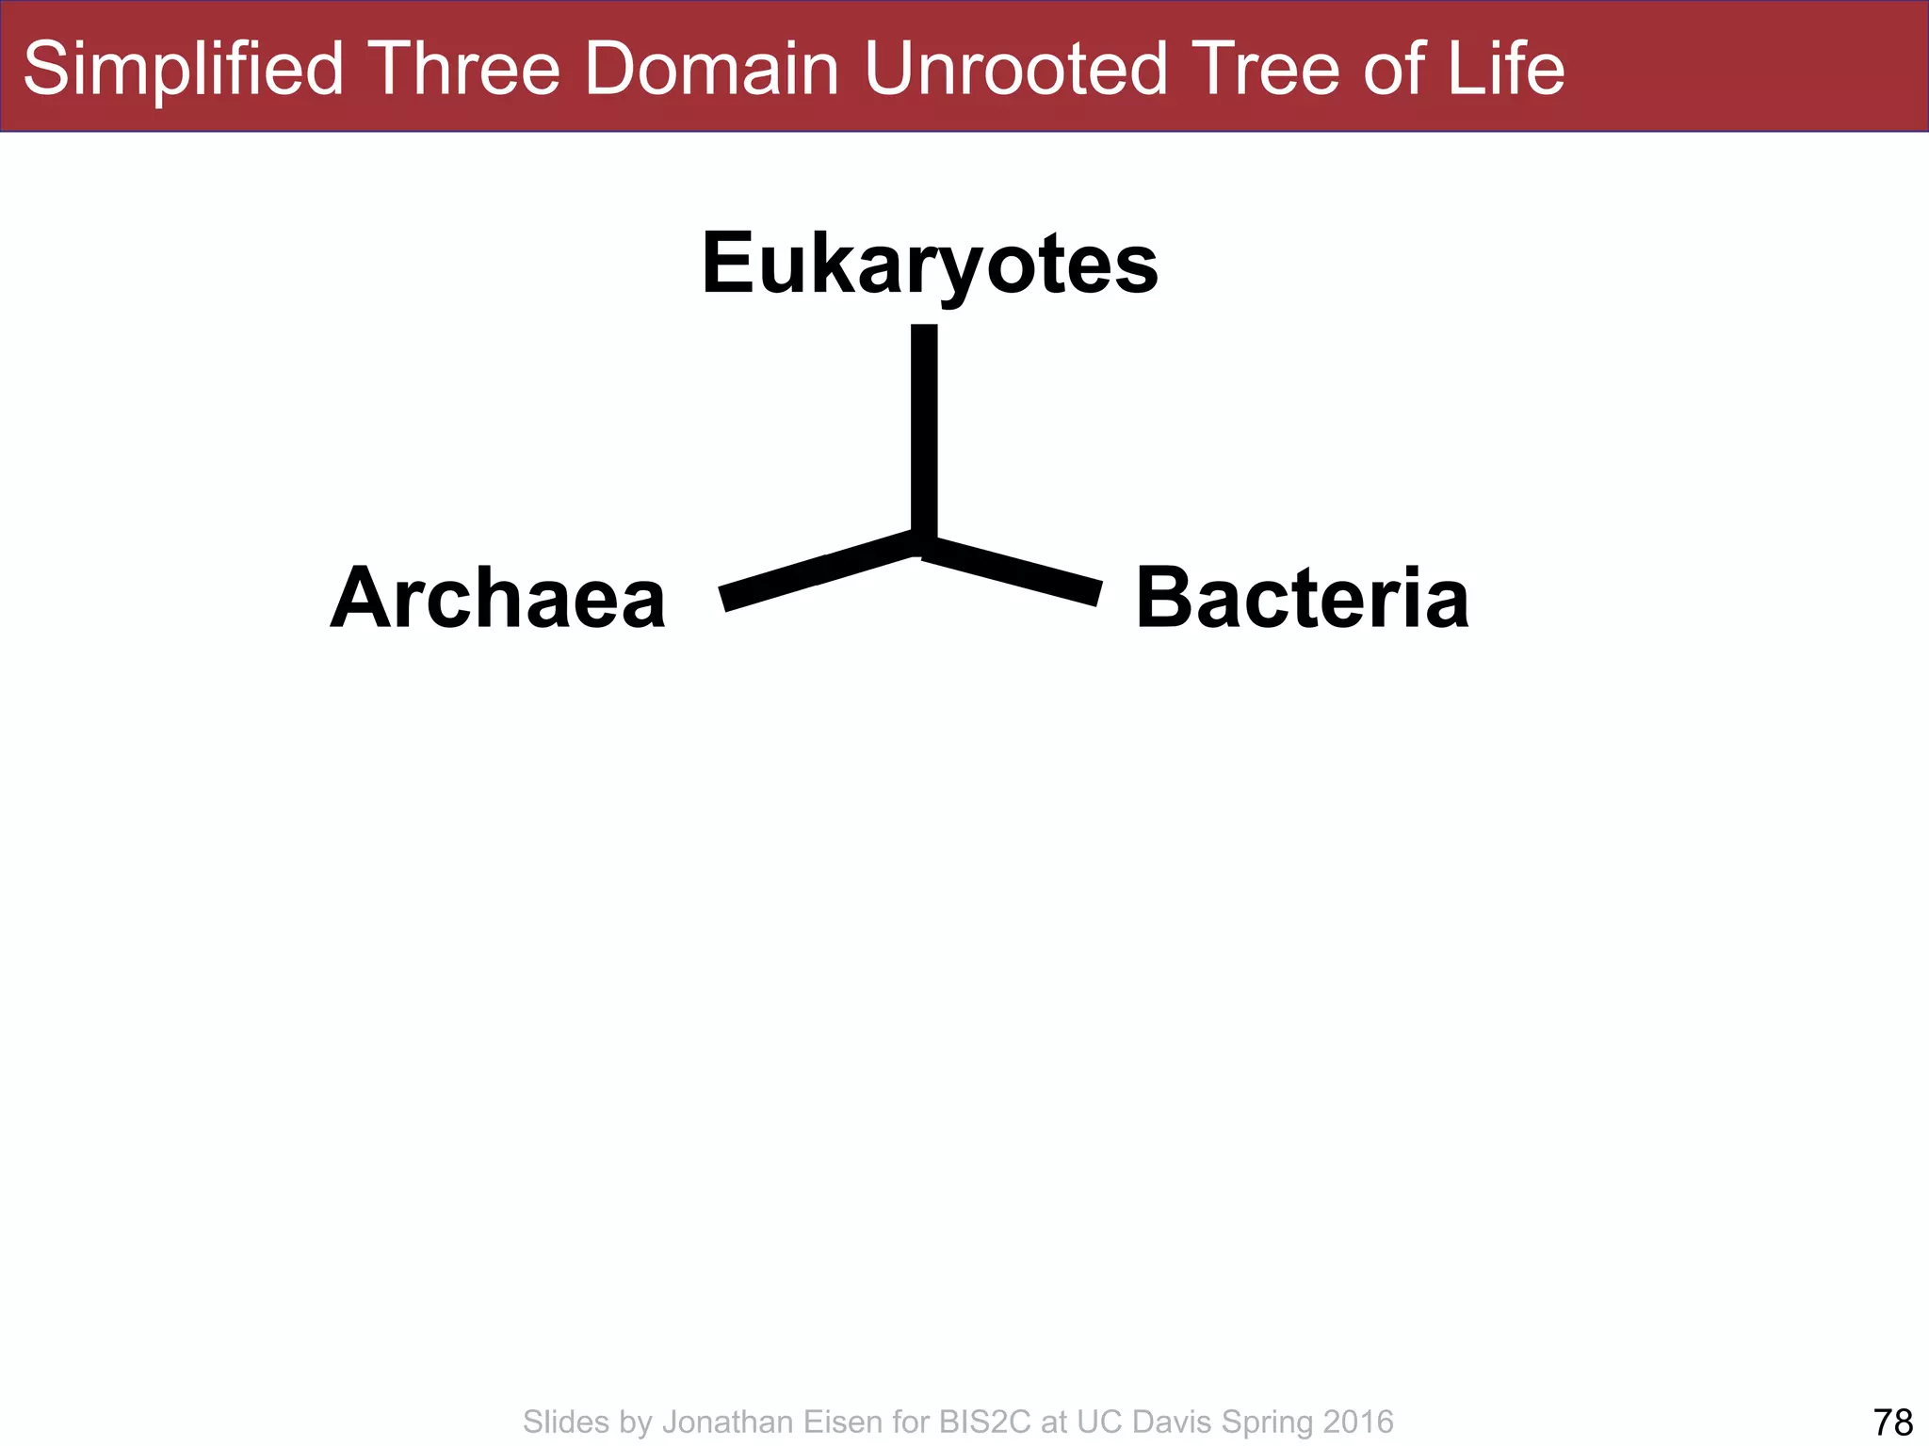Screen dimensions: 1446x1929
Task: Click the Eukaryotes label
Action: click(930, 265)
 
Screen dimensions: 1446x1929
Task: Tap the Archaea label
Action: click(498, 599)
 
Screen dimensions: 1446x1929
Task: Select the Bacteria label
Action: click(1302, 599)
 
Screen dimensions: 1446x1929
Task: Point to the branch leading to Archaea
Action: click(815, 570)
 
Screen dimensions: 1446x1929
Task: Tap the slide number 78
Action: click(1892, 1422)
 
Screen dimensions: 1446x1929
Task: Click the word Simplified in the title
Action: click(184, 69)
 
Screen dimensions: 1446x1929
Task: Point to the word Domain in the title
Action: click(711, 69)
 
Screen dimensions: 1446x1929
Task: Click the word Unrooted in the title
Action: click(1016, 69)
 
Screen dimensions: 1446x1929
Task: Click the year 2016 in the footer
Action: click(1357, 1422)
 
